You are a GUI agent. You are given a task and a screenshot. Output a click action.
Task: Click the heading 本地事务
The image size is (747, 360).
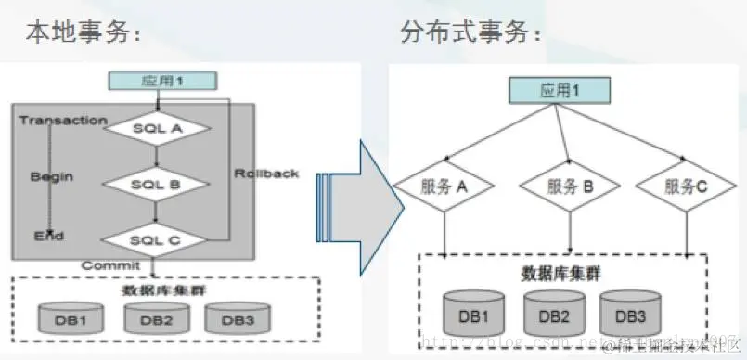tap(82, 32)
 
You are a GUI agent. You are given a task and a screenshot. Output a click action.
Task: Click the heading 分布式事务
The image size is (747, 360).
tap(471, 32)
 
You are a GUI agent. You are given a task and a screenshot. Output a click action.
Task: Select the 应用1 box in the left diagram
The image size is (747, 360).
tap(162, 82)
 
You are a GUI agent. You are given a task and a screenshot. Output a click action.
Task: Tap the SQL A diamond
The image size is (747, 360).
tap(156, 128)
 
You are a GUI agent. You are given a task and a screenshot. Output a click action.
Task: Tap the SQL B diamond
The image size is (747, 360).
tap(155, 184)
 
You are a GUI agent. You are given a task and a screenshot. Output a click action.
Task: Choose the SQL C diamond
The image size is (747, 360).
tap(155, 239)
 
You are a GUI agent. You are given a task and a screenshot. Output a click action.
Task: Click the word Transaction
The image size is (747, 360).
tap(63, 121)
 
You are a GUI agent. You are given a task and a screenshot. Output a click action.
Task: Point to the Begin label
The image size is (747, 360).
tap(52, 175)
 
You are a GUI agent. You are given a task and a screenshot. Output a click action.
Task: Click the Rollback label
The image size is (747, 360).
tap(266, 174)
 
